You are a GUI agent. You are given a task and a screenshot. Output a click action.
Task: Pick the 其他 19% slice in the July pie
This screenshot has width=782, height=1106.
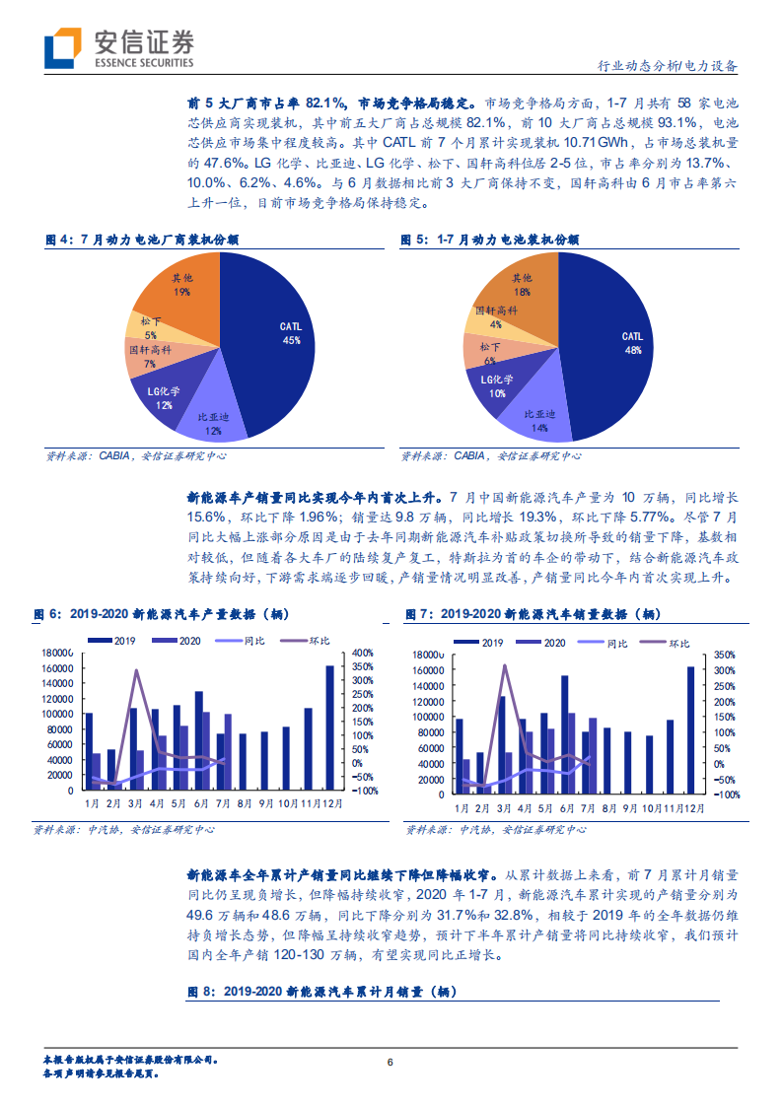[178, 286]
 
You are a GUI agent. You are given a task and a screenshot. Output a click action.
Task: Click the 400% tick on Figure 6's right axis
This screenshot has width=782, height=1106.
[361, 653]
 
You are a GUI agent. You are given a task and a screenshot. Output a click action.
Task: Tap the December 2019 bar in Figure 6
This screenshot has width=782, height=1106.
[329, 727]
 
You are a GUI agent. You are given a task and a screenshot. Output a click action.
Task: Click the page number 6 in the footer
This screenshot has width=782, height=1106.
[391, 1062]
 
